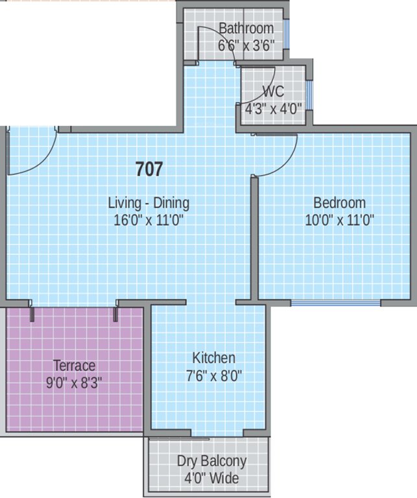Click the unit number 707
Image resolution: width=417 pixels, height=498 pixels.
pyautogui.click(x=149, y=169)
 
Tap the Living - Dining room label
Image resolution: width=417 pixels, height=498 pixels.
pyautogui.click(x=149, y=203)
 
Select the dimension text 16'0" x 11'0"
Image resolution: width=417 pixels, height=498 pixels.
pyautogui.click(x=149, y=220)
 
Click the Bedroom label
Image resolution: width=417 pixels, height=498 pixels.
pyautogui.click(x=339, y=203)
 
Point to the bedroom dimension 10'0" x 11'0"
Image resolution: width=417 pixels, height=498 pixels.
pyautogui.click(x=339, y=220)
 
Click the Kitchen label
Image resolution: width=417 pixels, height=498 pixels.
pyautogui.click(x=213, y=358)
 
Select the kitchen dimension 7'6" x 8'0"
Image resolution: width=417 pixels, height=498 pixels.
pyautogui.click(x=213, y=375)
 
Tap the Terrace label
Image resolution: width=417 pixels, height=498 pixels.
pyautogui.click(x=74, y=365)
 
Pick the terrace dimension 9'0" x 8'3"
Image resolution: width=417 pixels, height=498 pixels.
pyautogui.click(x=74, y=382)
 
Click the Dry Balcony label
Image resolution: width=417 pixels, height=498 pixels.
pyautogui.click(x=211, y=462)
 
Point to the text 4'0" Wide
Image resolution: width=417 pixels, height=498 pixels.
pyautogui.click(x=211, y=479)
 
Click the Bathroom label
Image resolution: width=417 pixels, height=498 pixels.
pyautogui.click(x=246, y=29)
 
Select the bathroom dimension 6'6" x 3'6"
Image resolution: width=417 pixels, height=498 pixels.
pyautogui.click(x=246, y=45)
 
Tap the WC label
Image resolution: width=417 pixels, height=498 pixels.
pyautogui.click(x=273, y=91)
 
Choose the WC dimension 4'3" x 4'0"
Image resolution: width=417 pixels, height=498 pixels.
pyautogui.click(x=273, y=108)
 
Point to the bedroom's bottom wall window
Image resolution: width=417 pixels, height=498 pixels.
pyautogui.click(x=335, y=303)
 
